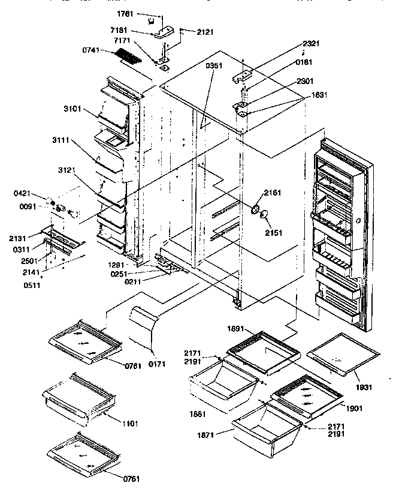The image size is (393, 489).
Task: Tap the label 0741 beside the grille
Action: click(x=92, y=52)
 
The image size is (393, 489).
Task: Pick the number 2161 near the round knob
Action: click(x=272, y=193)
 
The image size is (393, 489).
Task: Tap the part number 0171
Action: click(x=157, y=363)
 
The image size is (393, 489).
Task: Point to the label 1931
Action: click(x=362, y=387)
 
